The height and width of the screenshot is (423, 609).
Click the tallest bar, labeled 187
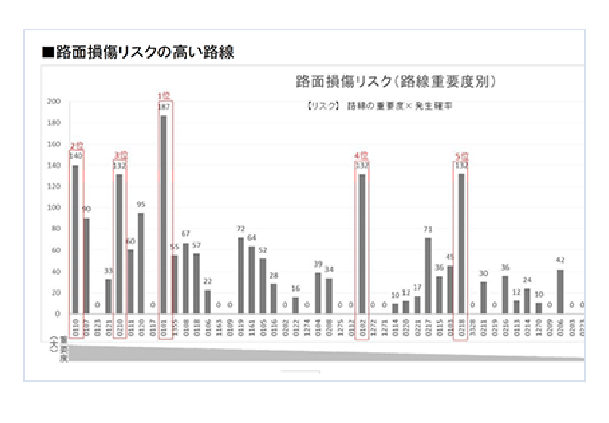[x=163, y=214]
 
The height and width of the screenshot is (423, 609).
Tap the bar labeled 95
[x=141, y=263]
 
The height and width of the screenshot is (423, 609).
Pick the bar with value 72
[x=241, y=275]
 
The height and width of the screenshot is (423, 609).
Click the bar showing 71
[x=428, y=276]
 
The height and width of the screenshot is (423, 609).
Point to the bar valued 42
[x=560, y=291]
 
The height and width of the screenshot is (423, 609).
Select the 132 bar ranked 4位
[x=362, y=244]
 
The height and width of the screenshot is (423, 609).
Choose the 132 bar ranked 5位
[x=461, y=244]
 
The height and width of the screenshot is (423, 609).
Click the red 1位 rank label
[x=163, y=95]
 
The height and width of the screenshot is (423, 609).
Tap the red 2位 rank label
[x=76, y=145]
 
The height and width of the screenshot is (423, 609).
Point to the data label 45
[x=450, y=257]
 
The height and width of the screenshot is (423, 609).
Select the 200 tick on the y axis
[x=54, y=101]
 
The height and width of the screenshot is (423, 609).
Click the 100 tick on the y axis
[x=54, y=207]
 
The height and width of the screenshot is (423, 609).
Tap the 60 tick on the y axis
[x=56, y=250]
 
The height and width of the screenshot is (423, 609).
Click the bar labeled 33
[x=108, y=296]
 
